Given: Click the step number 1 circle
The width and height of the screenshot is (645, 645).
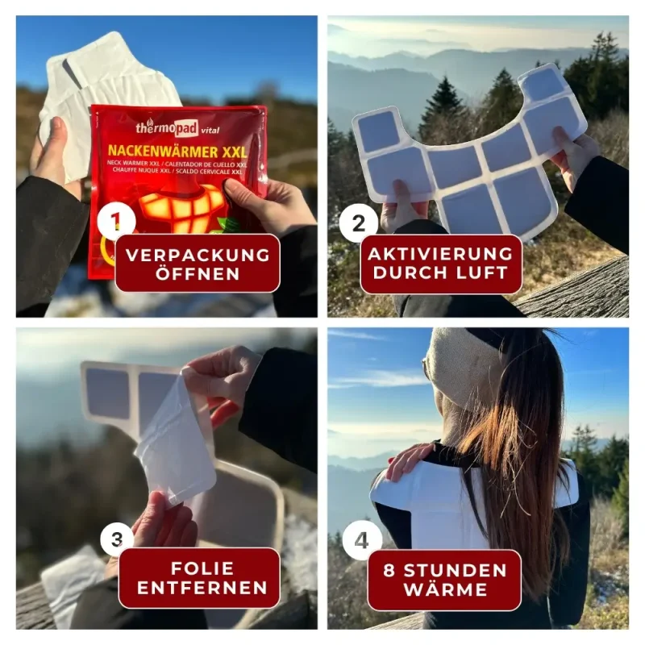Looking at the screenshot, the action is (x=116, y=223).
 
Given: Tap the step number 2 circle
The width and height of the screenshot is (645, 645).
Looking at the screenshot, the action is (x=359, y=224).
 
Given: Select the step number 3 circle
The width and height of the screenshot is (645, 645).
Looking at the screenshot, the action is (x=117, y=539).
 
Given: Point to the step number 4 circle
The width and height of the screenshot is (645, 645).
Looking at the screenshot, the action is (x=361, y=541).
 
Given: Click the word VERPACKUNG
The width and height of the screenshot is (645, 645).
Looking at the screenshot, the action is (x=198, y=255).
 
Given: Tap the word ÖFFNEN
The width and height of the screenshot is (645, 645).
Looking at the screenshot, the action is (x=198, y=273).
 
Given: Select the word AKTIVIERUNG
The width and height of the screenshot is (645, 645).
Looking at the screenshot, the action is (x=440, y=254).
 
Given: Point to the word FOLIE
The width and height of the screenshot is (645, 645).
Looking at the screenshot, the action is (x=202, y=568).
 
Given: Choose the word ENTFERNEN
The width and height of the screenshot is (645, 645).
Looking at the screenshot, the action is (x=202, y=588).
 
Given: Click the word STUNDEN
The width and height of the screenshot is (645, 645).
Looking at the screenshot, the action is (x=455, y=571).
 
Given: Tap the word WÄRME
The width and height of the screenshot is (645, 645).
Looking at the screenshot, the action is (x=446, y=589).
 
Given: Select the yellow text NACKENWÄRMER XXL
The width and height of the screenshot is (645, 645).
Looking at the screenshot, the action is (x=177, y=152).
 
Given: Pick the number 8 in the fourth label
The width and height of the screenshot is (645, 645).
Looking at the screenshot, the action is (x=389, y=571).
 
